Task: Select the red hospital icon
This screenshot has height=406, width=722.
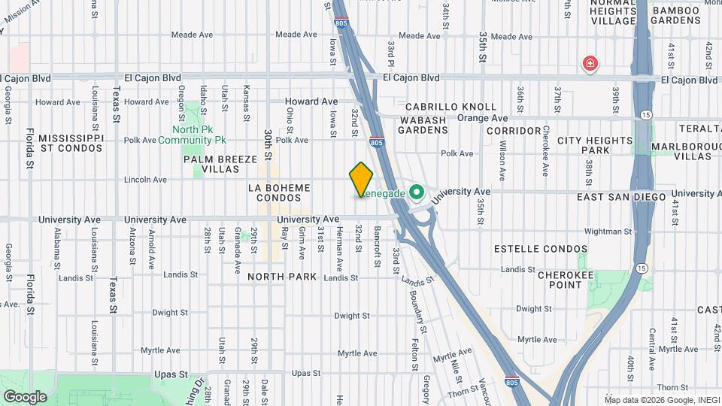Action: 590,63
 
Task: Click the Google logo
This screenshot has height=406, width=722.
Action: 25,397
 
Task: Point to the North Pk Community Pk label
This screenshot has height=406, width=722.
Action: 193,135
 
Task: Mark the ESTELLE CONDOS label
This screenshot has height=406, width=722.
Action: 540,249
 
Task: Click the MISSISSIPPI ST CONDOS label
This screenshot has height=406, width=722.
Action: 70,144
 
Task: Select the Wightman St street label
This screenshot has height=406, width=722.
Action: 608,232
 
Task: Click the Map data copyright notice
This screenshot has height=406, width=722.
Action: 661,399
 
